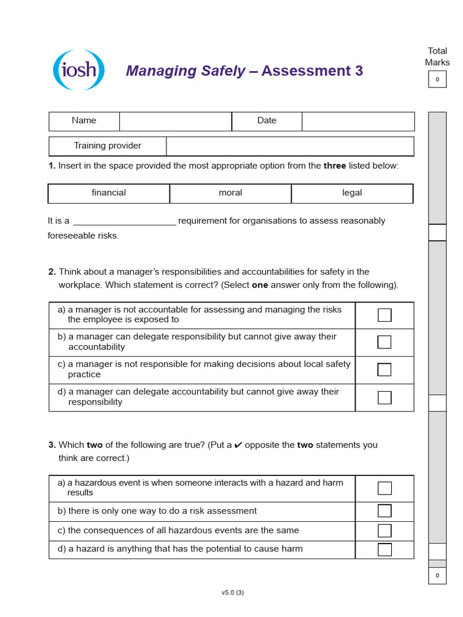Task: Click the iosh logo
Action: (79, 70)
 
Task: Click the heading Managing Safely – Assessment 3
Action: (244, 71)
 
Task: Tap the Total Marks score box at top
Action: (437, 80)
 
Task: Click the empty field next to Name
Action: (175, 121)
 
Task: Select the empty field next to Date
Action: (358, 121)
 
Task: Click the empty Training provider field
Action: (290, 146)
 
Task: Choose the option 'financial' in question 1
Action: (109, 193)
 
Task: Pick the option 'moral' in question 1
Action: (230, 193)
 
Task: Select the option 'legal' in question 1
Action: (352, 193)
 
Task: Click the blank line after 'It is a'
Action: (124, 221)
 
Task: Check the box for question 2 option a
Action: (385, 315)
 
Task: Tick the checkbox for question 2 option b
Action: (385, 342)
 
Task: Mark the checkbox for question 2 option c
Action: (385, 370)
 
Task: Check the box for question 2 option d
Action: (385, 398)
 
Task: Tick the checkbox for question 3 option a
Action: (385, 488)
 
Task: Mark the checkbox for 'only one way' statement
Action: (385, 511)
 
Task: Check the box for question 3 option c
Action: (385, 531)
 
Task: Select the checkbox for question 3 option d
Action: (385, 550)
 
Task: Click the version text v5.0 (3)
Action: (233, 592)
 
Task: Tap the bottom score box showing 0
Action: (437, 575)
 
